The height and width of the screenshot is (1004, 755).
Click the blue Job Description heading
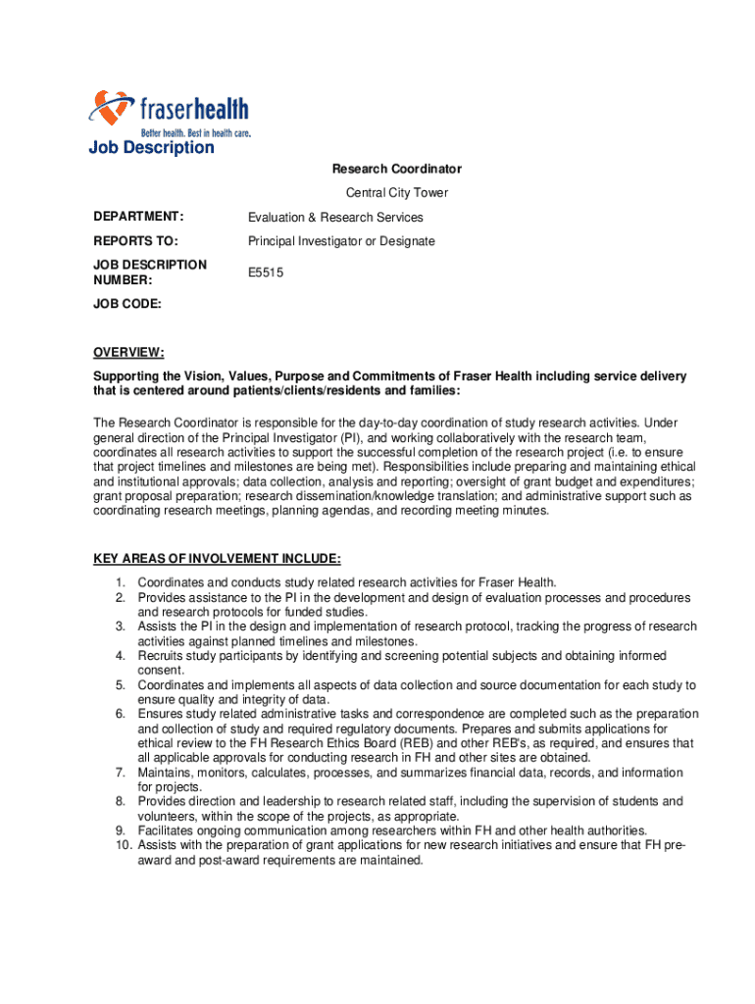[x=151, y=148]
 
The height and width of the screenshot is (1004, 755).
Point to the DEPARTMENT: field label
[x=138, y=218]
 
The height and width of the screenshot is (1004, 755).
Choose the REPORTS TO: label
[x=135, y=241]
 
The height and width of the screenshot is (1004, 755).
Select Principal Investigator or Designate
[x=341, y=241]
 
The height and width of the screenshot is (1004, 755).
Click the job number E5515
[x=266, y=274]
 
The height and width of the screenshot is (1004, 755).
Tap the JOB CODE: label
[x=127, y=305]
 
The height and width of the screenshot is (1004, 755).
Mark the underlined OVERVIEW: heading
[x=128, y=353]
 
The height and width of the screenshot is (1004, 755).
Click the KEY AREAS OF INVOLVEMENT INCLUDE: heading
[x=217, y=559]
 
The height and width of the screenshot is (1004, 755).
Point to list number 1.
[x=120, y=583]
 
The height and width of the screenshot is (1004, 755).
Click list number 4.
[x=120, y=656]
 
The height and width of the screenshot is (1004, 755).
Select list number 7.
[x=120, y=773]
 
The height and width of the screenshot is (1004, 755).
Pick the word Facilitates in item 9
[x=168, y=830]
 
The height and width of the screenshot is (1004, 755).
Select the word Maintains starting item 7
[x=164, y=773]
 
